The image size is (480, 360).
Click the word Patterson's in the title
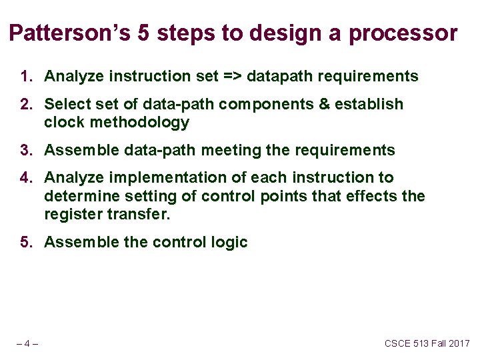[x=70, y=33]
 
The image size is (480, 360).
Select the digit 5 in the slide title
[x=143, y=33]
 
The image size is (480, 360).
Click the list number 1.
[x=27, y=76]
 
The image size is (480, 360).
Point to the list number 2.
[x=27, y=104]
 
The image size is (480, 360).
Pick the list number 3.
[x=27, y=150]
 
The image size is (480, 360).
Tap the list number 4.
[x=27, y=177]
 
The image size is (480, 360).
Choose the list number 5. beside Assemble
[x=27, y=242]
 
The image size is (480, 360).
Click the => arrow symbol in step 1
[x=233, y=76]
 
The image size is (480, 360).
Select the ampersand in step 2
[x=324, y=104]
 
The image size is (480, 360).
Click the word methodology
[x=139, y=123]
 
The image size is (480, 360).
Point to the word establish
[x=369, y=104]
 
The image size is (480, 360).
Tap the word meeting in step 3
[x=231, y=151]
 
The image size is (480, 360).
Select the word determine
[x=82, y=196]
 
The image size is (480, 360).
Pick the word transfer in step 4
[x=139, y=214]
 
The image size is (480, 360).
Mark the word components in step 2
[x=266, y=105]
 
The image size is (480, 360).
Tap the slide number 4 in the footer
[x=27, y=344]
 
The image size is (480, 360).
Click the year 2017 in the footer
[x=459, y=343]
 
